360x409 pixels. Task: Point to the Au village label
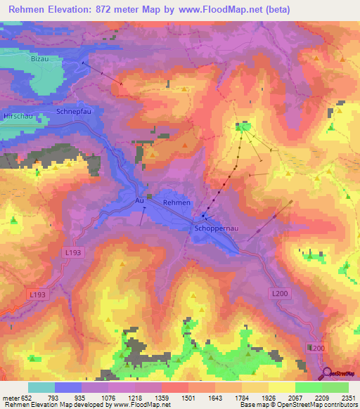click(x=139, y=200)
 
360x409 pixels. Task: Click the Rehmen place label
click(x=176, y=202)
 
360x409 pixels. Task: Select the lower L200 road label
click(x=316, y=348)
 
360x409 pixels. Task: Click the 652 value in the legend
click(x=27, y=398)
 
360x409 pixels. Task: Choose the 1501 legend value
click(x=188, y=398)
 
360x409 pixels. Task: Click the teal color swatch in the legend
click(x=41, y=387)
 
